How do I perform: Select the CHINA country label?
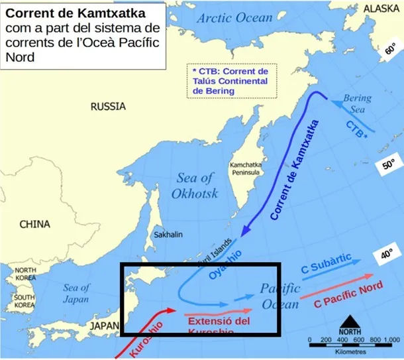34,224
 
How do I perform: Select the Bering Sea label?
357,104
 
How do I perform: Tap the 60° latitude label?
390,49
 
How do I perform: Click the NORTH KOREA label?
26,274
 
